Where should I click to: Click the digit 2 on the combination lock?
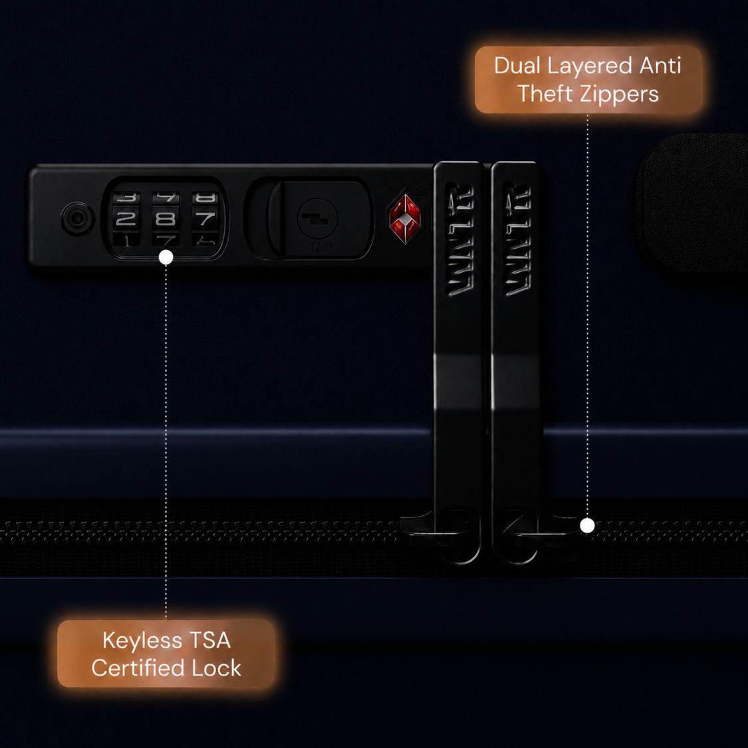click(126, 219)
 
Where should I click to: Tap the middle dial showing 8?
click(166, 219)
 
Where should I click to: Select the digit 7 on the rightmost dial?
click(205, 219)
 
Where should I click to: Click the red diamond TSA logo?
click(405, 219)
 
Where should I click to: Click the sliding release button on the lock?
click(318, 220)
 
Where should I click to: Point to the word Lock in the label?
click(216, 668)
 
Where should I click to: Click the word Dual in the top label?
click(517, 65)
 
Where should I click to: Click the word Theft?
click(545, 94)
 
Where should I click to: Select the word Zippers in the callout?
click(619, 94)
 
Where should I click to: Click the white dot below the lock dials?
click(166, 257)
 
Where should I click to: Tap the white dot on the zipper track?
click(587, 526)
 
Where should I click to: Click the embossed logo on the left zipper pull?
click(460, 239)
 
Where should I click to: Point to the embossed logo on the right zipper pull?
click(517, 239)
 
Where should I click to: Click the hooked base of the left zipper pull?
click(441, 535)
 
